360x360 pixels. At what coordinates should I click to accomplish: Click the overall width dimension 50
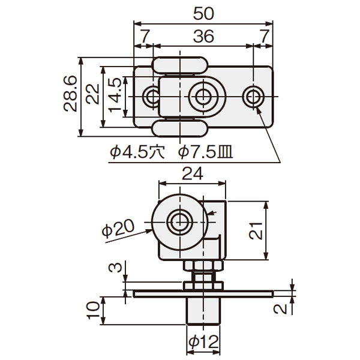[x=203, y=14]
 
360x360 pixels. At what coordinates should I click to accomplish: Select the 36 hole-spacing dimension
[x=203, y=36]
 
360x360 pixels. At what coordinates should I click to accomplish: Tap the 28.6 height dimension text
[x=70, y=94]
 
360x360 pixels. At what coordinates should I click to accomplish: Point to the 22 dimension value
[x=93, y=94]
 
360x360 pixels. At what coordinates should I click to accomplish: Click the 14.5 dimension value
[x=115, y=95]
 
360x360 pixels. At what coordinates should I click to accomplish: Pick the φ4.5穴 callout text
[x=137, y=152]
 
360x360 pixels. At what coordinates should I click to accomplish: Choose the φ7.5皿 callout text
[x=206, y=152]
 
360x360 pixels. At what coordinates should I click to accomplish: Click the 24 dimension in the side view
[x=193, y=173]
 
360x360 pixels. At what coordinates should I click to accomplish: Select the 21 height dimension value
[x=256, y=231]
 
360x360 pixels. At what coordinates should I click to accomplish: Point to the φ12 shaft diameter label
[x=203, y=342]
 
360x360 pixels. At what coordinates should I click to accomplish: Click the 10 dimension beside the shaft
[x=93, y=310]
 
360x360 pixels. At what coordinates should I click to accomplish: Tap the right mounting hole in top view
[x=253, y=97]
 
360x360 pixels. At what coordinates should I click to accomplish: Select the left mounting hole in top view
[x=152, y=97]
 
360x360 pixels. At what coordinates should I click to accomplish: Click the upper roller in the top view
[x=180, y=65]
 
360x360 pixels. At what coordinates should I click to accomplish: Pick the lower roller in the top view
[x=180, y=128]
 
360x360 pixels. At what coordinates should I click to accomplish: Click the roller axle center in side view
[x=180, y=222]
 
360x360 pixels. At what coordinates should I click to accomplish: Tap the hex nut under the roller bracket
[x=203, y=266]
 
